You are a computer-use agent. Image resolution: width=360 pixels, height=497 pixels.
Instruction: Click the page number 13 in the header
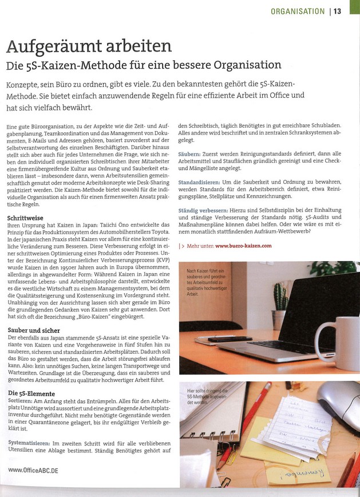click(337, 11)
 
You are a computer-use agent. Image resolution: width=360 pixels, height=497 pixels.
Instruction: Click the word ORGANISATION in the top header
click(298, 11)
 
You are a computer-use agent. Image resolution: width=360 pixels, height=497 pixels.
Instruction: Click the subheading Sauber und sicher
click(34, 330)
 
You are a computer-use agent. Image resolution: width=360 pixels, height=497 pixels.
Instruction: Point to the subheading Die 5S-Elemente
click(31, 393)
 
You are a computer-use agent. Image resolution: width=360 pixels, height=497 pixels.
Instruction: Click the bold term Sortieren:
click(21, 401)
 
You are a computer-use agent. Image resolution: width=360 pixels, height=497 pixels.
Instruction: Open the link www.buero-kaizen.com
click(243, 246)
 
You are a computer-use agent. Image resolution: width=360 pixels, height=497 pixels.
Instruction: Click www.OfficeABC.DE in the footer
click(33, 470)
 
